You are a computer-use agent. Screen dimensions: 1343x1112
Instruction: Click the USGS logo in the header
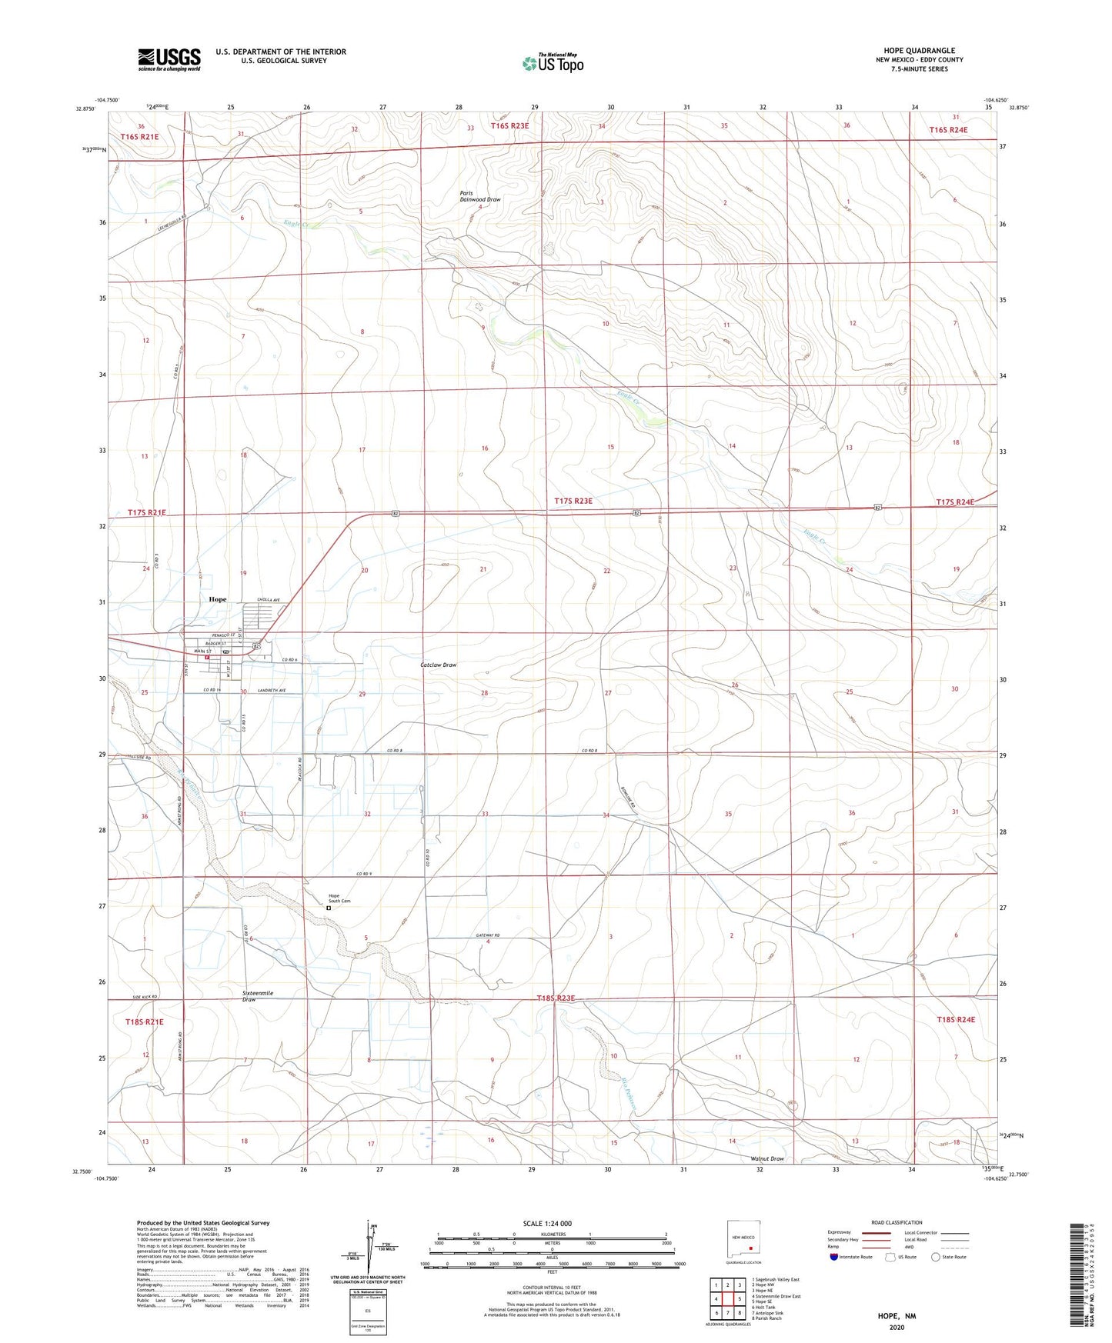(x=169, y=58)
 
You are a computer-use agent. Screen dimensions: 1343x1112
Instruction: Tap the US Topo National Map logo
(x=553, y=63)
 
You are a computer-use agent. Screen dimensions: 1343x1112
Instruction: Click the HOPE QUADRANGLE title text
(x=913, y=50)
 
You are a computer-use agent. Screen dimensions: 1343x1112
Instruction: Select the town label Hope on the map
(x=218, y=599)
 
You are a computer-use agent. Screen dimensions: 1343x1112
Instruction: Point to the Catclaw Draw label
(x=439, y=665)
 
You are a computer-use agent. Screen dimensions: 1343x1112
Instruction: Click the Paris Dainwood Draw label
(x=480, y=196)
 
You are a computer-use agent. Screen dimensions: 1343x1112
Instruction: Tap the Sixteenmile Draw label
(x=258, y=996)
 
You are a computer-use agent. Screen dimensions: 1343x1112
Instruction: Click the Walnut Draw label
(x=767, y=1158)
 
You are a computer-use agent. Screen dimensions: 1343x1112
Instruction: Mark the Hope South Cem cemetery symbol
(x=329, y=908)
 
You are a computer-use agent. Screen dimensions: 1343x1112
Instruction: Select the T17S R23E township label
(x=573, y=501)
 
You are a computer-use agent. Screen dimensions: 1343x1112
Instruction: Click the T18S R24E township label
(x=956, y=1019)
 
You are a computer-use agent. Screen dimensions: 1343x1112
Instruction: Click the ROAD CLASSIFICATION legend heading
(x=897, y=1222)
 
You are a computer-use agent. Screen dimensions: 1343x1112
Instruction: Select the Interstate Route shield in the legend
(x=835, y=1257)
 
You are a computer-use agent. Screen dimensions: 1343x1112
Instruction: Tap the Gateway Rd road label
(x=487, y=935)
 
